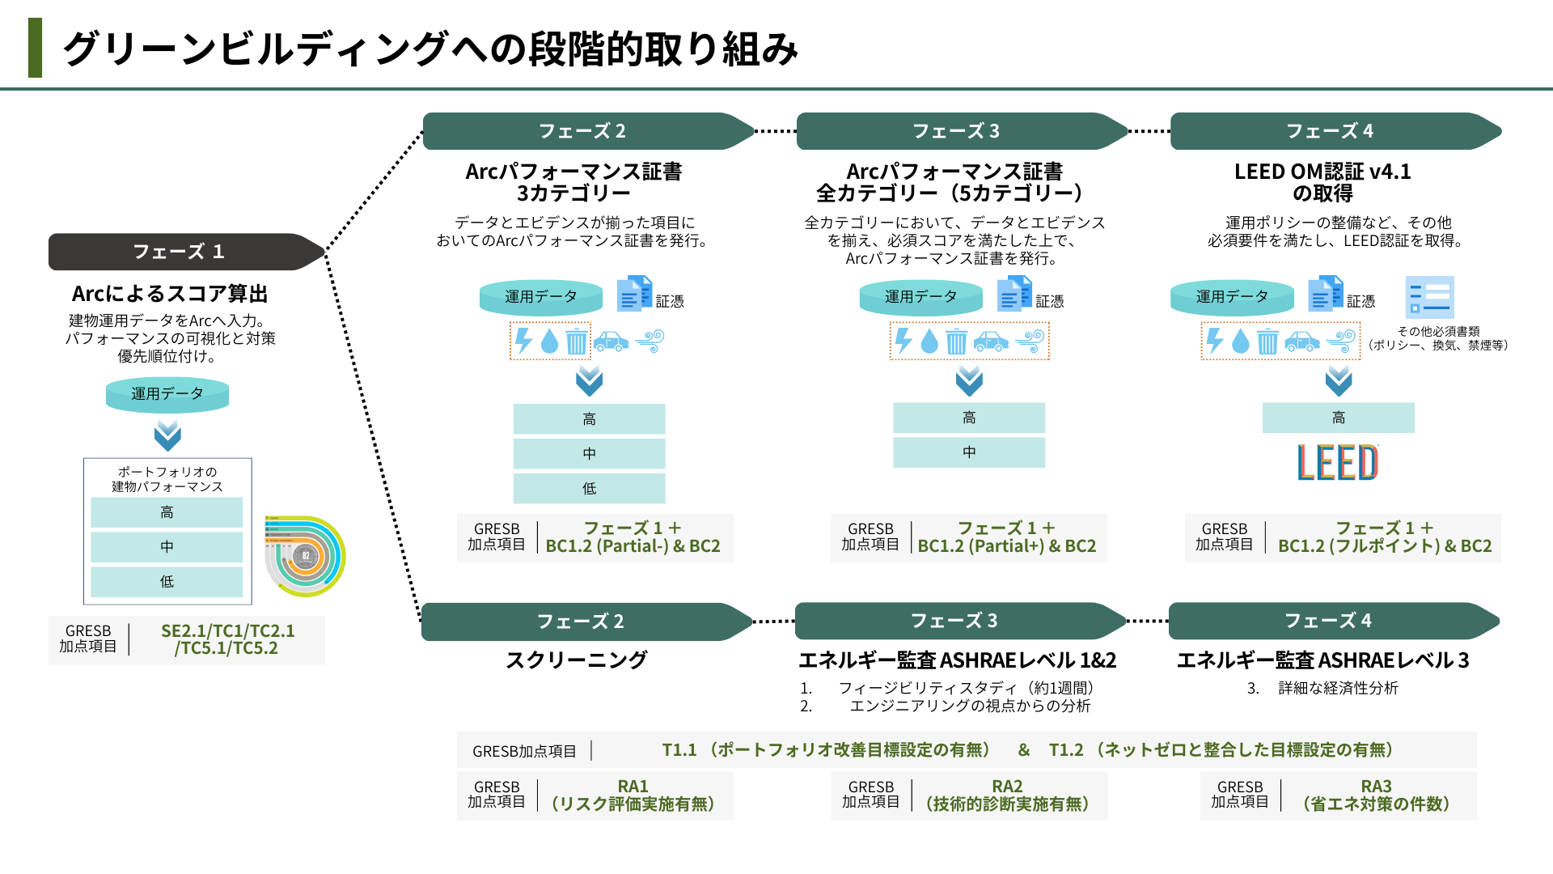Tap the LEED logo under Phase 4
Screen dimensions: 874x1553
tap(1338, 462)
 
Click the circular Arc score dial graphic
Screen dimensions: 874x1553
tap(306, 556)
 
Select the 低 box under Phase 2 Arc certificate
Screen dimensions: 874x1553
tap(589, 488)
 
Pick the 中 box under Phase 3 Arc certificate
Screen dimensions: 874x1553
tap(968, 452)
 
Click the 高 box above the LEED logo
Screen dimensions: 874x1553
tap(1338, 418)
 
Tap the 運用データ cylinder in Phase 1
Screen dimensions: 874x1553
tap(167, 394)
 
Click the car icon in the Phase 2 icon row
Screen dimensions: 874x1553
tap(611, 342)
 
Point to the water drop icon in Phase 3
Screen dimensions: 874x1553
tap(929, 342)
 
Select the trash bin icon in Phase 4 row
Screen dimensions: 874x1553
tap(1267, 342)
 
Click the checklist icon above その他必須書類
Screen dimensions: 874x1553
tap(1429, 297)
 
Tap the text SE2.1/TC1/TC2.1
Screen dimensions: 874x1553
tap(228, 630)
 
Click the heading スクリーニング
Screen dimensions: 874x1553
tap(576, 660)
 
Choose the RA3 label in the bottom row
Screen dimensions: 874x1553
tap(1376, 786)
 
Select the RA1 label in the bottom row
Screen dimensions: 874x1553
tap(633, 786)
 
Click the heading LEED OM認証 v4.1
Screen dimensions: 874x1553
tap(1322, 172)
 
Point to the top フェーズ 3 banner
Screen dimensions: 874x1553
tap(956, 131)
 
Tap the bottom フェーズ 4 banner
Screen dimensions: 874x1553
tap(1328, 621)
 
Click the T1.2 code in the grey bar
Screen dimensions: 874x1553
tap(1065, 750)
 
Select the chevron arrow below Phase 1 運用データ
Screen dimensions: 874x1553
tap(167, 435)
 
